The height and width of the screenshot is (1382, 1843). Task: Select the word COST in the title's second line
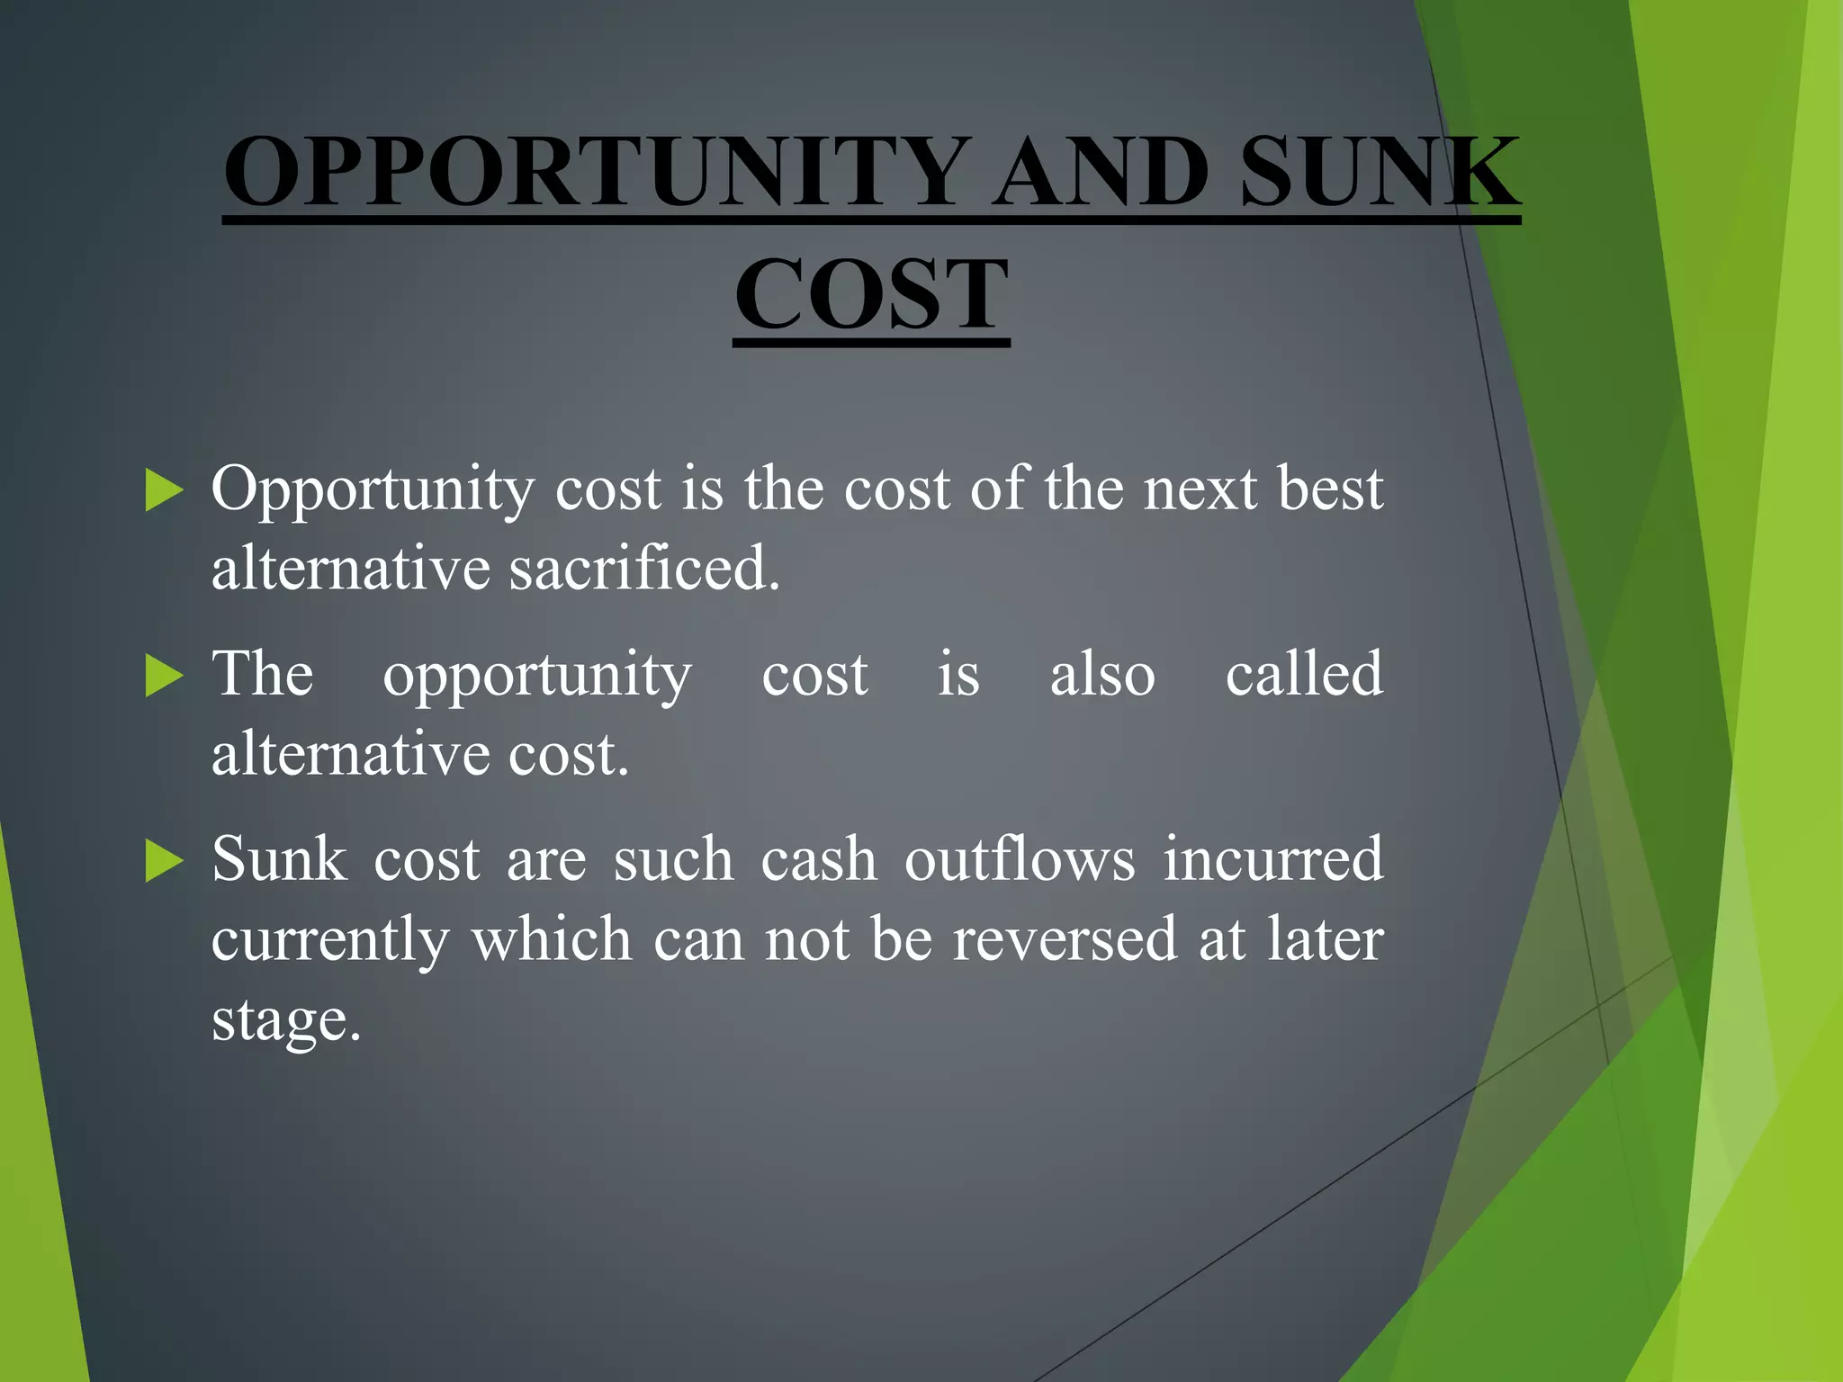[x=871, y=294]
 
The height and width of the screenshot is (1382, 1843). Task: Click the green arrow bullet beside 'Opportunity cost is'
[x=164, y=490]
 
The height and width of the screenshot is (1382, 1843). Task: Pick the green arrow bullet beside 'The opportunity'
[x=164, y=676]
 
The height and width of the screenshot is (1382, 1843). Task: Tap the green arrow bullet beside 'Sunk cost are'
[x=164, y=861]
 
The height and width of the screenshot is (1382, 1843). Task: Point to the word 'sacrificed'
[x=643, y=569]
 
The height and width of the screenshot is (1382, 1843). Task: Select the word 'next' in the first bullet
[x=1200, y=491]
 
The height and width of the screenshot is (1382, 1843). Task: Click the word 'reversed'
[x=1065, y=939]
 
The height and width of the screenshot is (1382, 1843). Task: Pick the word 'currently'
[x=329, y=941]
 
